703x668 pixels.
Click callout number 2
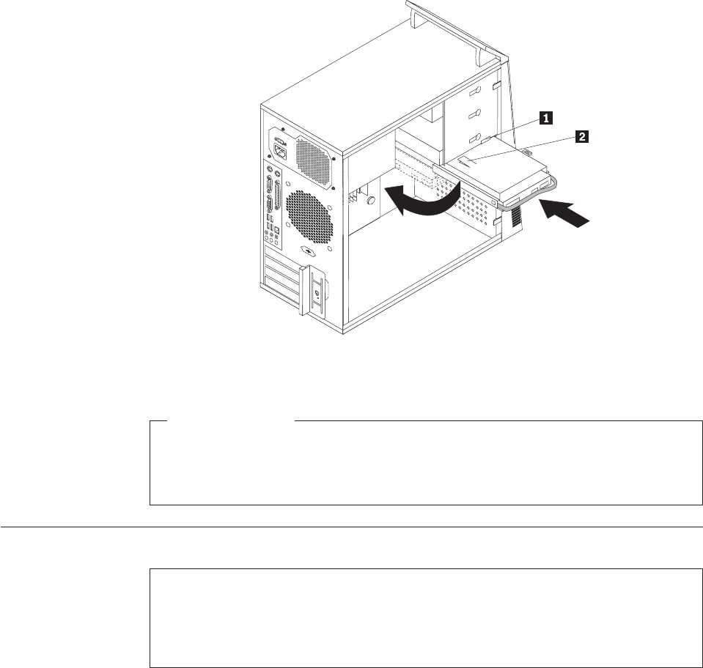[582, 136]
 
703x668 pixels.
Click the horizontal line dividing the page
[351, 527]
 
